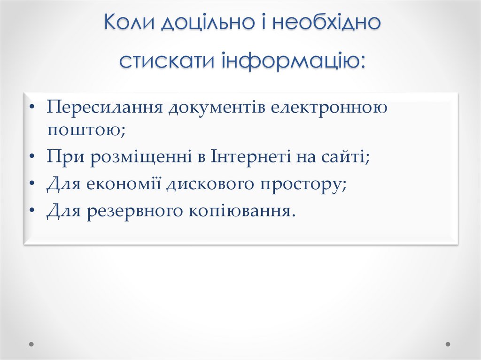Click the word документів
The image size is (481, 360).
[217, 107]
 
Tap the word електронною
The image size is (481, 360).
[329, 107]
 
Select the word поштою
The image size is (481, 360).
[85, 130]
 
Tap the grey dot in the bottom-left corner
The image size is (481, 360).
[32, 344]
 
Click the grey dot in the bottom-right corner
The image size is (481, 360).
[448, 344]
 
